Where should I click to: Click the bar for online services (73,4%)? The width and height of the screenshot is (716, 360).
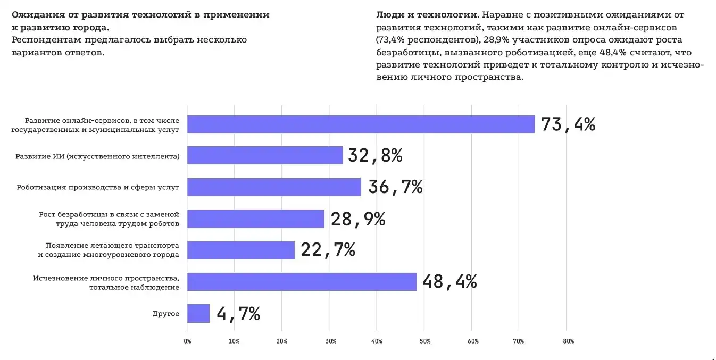[361, 124]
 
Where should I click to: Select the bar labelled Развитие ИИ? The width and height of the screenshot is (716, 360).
[265, 155]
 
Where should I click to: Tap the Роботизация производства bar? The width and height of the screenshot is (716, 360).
[274, 187]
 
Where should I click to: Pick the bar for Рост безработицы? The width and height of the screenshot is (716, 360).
[256, 219]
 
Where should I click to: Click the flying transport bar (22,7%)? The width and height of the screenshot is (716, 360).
[241, 250]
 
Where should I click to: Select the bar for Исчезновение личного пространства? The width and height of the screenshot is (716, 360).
[302, 282]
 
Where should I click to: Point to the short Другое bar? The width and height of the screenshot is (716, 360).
[198, 313]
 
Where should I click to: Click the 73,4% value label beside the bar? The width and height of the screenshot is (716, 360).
[568, 124]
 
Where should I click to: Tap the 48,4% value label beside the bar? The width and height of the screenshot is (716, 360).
[449, 282]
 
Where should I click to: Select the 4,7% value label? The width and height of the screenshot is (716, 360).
[238, 313]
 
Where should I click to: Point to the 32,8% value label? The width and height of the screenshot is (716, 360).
[375, 155]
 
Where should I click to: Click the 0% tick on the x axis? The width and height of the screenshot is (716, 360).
[187, 341]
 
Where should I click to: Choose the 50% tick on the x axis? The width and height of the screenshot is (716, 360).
[424, 341]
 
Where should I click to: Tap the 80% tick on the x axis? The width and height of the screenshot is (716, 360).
[568, 341]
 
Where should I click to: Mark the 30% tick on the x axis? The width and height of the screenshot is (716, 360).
[329, 341]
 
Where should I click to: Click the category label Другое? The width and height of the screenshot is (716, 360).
[166, 314]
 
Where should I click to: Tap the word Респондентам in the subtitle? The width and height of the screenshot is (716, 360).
[42, 40]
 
